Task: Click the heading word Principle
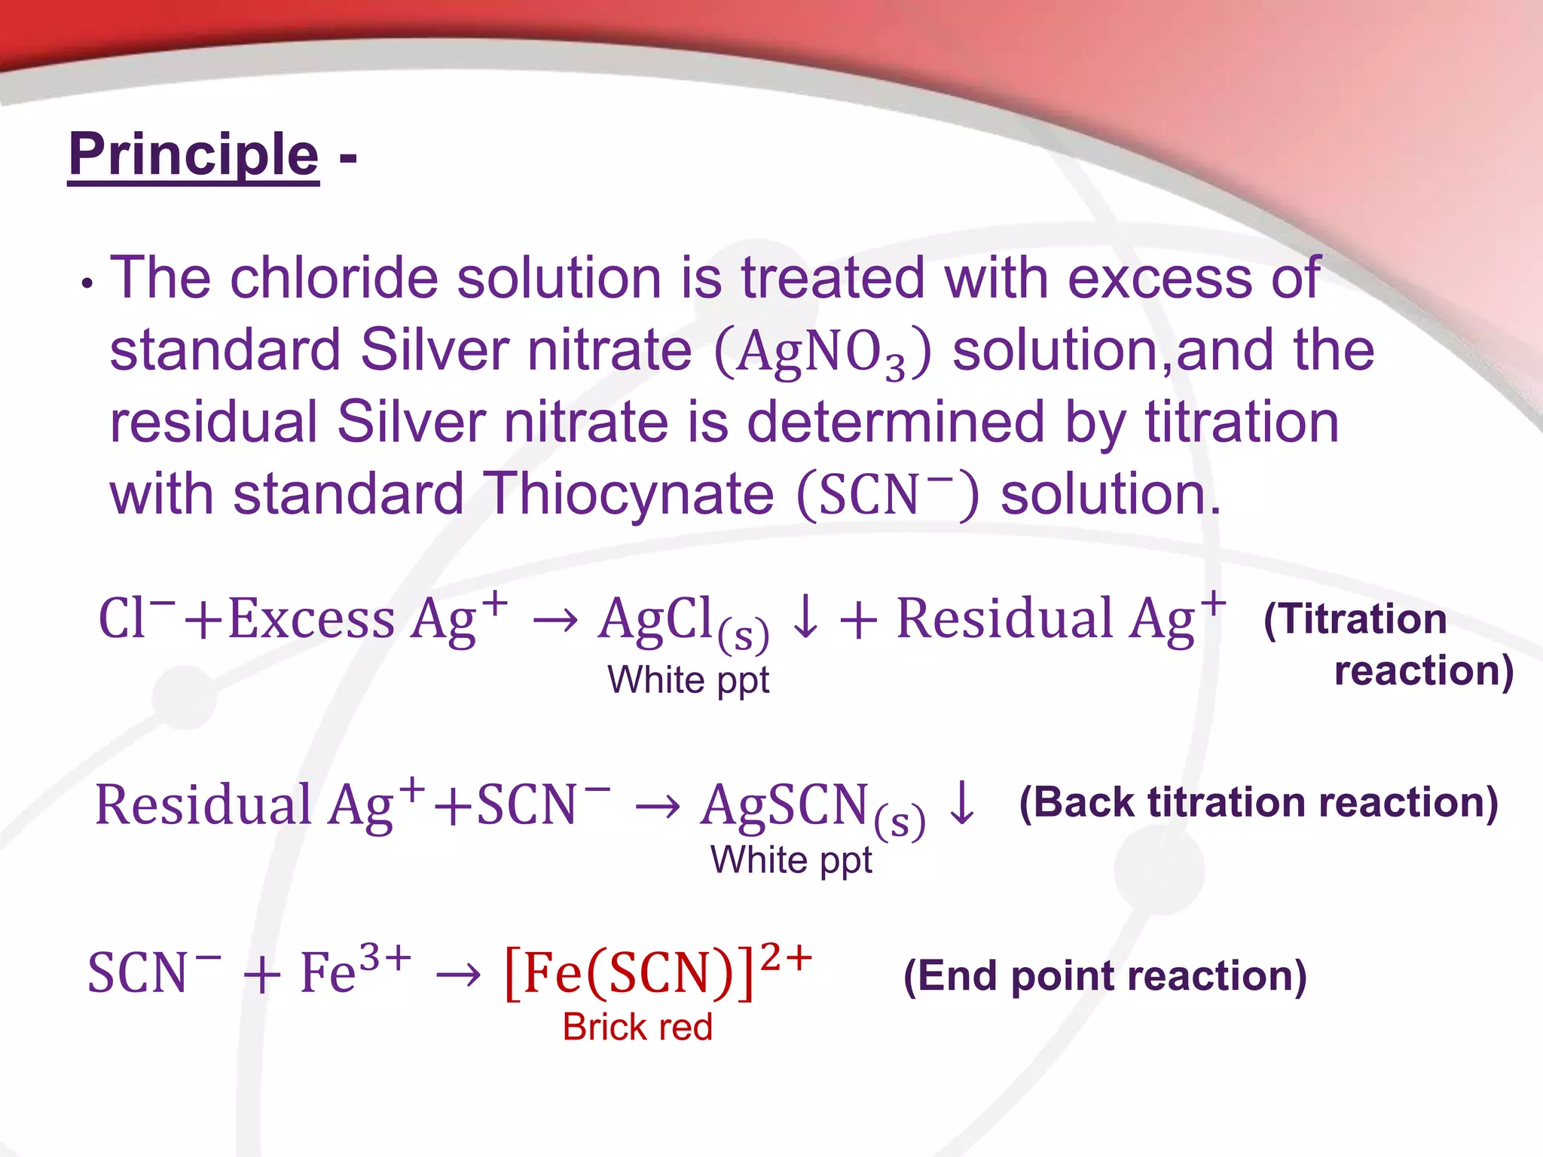(x=194, y=154)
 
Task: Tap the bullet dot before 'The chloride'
(x=88, y=285)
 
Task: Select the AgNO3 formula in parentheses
(x=822, y=353)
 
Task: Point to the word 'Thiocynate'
(x=628, y=495)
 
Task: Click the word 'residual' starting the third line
(x=213, y=422)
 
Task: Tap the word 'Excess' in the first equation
(x=311, y=619)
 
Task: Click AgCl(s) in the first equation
(x=682, y=621)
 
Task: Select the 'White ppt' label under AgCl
(x=688, y=680)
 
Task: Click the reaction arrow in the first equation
(x=555, y=621)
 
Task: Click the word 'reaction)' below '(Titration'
(x=1423, y=670)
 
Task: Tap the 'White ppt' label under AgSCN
(x=791, y=860)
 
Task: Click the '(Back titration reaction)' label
(x=1258, y=802)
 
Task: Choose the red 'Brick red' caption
(x=637, y=1027)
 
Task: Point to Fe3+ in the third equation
(x=355, y=970)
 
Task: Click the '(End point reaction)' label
(x=1105, y=976)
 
